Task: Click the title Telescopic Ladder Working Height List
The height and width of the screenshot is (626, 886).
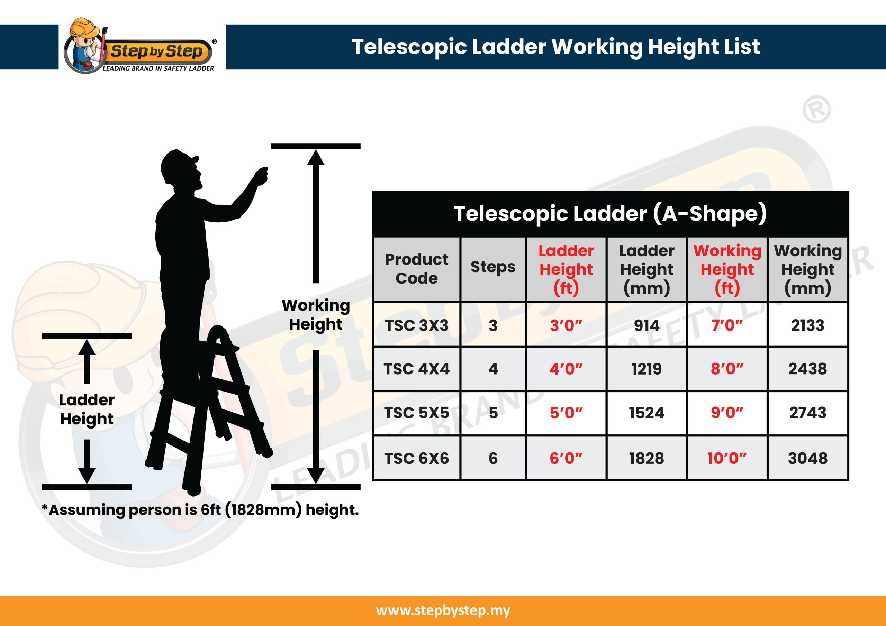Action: coord(556,47)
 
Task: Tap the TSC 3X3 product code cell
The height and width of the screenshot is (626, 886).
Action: coord(417,325)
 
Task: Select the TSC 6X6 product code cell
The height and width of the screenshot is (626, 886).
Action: coord(417,458)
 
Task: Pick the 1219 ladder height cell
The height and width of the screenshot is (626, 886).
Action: coord(647,369)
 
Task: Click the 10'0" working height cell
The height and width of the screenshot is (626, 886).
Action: coord(727,458)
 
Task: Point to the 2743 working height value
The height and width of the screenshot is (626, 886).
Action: coord(808,413)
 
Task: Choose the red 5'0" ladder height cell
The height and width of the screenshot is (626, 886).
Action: coord(566,413)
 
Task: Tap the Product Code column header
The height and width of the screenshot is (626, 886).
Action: coord(417,268)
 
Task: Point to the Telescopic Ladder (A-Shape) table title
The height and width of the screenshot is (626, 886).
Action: coord(610,214)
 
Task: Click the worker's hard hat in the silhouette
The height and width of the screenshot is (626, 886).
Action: coord(178,162)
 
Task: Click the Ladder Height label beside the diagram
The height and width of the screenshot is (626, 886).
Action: coord(87,409)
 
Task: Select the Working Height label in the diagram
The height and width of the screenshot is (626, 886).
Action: coord(316,315)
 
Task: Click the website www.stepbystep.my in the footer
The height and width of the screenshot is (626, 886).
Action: coord(443,610)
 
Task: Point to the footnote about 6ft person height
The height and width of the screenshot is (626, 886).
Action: coord(200,510)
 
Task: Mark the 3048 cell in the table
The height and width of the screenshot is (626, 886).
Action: coord(808,458)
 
